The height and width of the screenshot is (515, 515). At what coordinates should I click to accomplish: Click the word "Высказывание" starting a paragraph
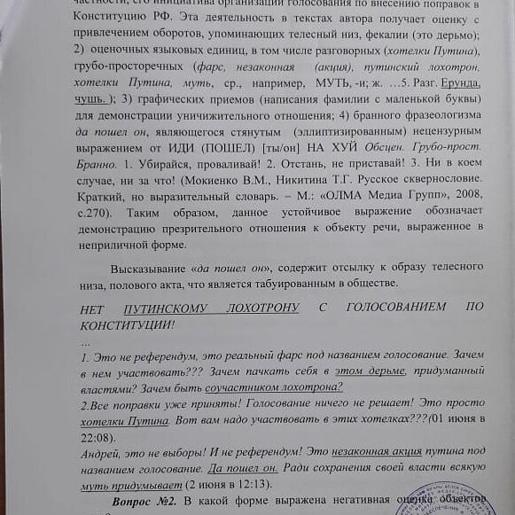(x=146, y=268)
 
